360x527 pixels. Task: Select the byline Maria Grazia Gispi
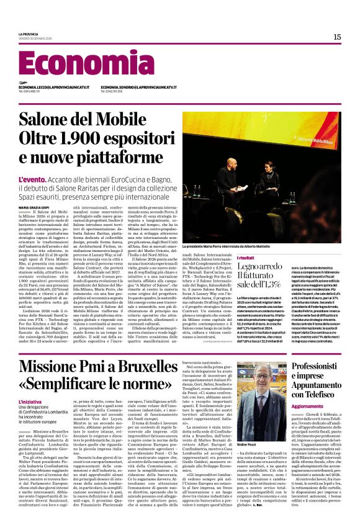tap(37, 207)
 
